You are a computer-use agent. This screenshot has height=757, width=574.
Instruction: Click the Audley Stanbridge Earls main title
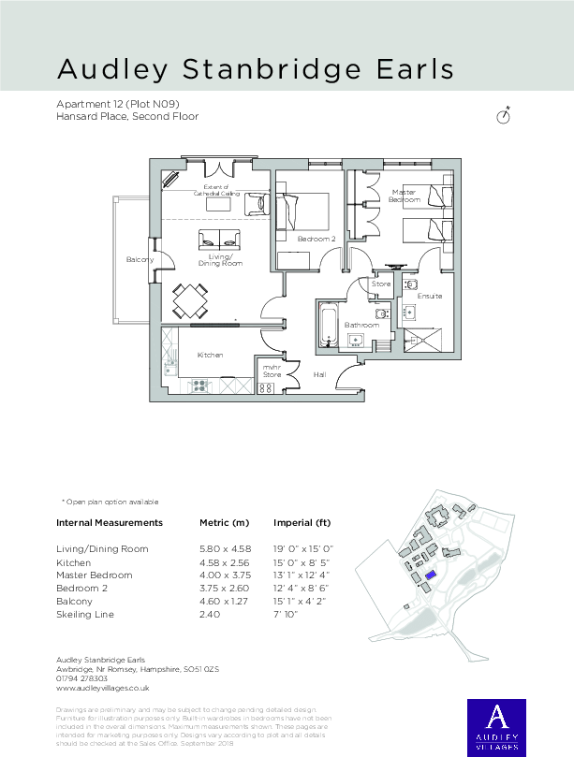tap(256, 69)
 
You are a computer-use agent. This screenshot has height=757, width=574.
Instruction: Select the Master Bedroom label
tap(405, 196)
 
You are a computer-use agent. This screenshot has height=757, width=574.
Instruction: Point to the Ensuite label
tap(430, 296)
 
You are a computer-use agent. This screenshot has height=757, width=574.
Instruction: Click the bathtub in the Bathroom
tap(327, 325)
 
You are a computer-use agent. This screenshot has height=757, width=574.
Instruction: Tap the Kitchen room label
tap(210, 356)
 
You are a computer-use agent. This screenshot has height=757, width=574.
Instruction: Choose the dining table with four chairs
tap(191, 301)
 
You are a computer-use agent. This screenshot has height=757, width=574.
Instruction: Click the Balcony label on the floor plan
tap(140, 259)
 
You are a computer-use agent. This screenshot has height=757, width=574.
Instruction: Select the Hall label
tap(318, 374)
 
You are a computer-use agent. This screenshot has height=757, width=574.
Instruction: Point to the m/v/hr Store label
tap(271, 371)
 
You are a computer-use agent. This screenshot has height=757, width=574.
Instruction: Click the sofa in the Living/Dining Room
tap(218, 238)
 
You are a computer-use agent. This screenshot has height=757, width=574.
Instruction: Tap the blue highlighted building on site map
tap(430, 576)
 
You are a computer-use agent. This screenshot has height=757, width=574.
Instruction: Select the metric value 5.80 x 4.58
tap(225, 548)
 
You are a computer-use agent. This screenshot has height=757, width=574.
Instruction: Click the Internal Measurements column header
tap(110, 522)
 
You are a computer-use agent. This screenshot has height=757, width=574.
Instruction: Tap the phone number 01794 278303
tap(82, 678)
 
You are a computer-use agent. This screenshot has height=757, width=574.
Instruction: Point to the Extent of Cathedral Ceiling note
tap(218, 190)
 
